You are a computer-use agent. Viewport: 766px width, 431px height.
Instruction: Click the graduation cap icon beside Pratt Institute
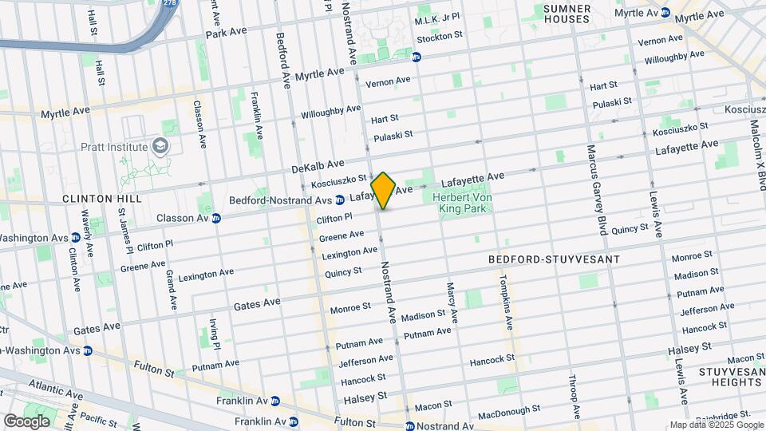161,147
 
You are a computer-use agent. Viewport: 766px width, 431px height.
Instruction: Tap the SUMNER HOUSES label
567,14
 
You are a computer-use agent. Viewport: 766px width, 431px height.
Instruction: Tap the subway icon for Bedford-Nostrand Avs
340,200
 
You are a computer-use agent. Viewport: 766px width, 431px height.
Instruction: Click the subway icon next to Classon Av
216,218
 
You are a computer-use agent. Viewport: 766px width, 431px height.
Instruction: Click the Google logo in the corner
26,421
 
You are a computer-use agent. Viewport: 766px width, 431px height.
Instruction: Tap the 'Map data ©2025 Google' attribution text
716,425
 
